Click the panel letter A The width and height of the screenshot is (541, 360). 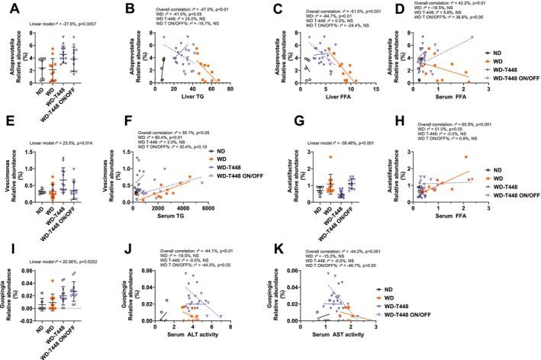pos(9,9)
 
